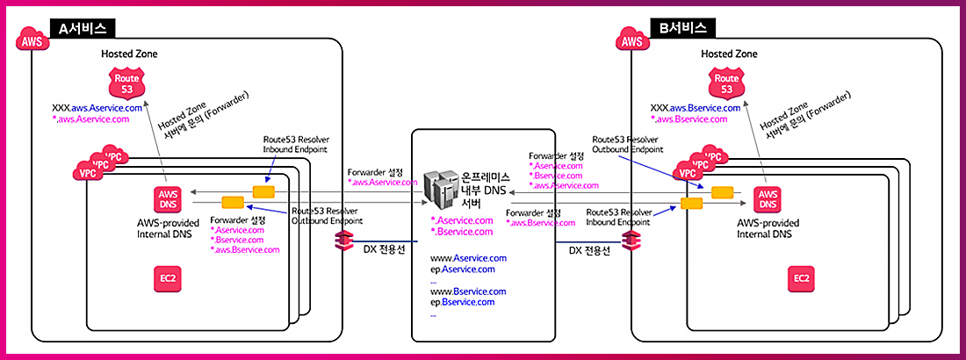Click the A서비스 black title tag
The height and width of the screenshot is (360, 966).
tap(83, 27)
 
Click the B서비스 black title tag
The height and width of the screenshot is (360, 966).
tap(683, 27)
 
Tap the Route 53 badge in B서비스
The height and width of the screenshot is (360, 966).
tap(725, 84)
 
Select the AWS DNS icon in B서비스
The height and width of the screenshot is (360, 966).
tap(768, 198)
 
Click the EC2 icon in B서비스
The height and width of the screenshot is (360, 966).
tap(801, 278)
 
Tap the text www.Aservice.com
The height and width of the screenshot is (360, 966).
tap(468, 258)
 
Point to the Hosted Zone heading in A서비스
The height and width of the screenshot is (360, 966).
tap(129, 54)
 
